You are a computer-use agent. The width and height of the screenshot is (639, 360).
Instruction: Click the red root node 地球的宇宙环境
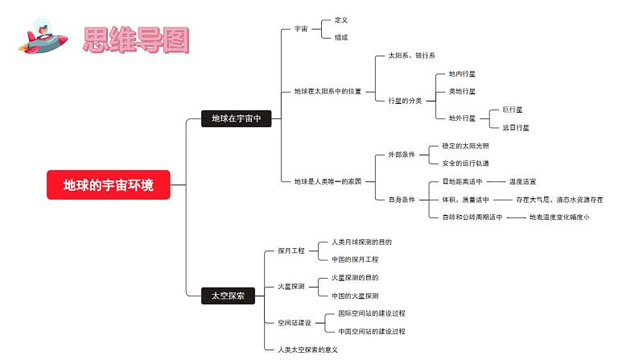click(109, 184)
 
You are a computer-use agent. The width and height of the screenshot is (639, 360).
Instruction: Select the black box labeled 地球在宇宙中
click(237, 118)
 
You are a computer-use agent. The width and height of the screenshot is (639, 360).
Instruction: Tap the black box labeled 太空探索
click(229, 296)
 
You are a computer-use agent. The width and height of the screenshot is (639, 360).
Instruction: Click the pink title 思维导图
click(136, 40)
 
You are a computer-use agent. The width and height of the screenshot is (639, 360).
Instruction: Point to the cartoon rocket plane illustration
click(43, 38)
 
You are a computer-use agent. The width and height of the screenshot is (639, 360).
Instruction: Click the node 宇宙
click(301, 28)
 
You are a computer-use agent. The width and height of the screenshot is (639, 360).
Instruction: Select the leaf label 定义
click(341, 19)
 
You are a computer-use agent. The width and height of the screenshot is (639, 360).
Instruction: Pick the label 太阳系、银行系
click(411, 56)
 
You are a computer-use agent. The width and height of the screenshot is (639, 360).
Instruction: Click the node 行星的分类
click(405, 101)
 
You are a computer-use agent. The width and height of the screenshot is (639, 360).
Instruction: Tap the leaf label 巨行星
click(513, 110)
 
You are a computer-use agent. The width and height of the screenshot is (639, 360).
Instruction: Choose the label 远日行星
click(516, 127)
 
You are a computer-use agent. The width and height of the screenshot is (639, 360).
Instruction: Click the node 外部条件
click(402, 155)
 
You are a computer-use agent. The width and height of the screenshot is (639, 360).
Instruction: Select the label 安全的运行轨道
click(465, 163)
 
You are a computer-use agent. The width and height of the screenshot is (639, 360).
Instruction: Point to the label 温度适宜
click(522, 181)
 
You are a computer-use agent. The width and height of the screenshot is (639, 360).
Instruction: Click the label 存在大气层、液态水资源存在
click(559, 200)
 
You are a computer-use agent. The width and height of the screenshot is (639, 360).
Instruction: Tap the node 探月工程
click(291, 250)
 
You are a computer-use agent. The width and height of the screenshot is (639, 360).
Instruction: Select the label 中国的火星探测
click(355, 296)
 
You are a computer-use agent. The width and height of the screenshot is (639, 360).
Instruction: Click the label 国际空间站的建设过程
click(372, 313)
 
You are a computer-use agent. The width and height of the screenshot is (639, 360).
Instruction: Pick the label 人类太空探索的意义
click(307, 350)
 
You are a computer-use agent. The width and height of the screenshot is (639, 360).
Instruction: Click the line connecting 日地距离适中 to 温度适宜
click(496, 181)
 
